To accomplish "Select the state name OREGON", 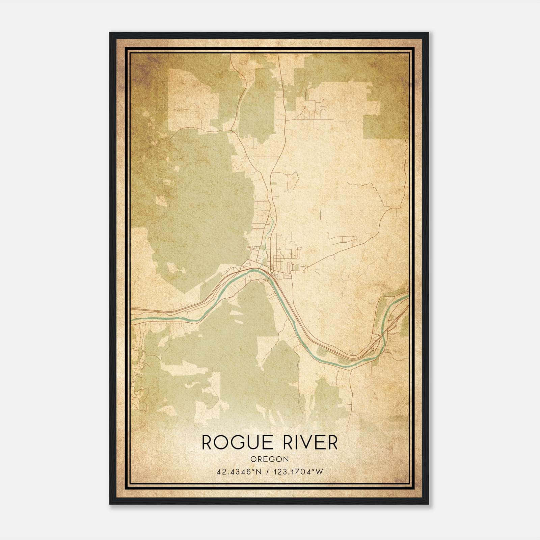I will [270, 459].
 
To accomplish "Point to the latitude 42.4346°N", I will [239, 471].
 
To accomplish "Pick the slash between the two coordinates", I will [268, 471].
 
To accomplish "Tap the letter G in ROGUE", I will [239, 442].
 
